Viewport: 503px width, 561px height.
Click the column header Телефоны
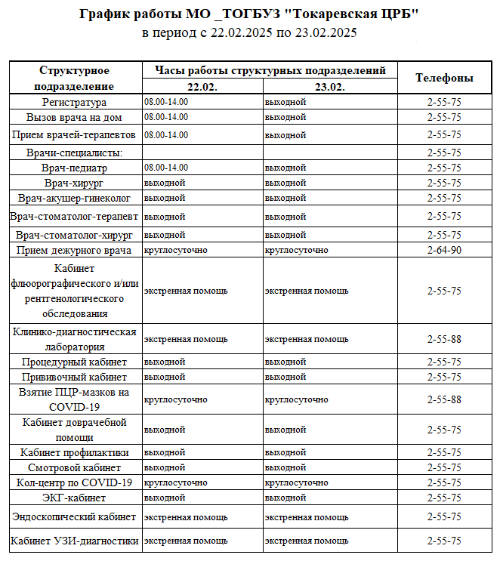444,78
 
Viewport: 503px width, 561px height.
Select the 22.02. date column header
202,87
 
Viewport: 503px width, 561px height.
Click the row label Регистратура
75,102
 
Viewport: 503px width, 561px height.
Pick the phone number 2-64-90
444,250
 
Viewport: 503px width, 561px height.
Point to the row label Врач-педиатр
75,168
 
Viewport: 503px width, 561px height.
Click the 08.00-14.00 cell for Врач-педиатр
166,168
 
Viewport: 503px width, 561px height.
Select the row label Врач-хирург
75,183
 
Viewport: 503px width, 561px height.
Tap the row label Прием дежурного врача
75,250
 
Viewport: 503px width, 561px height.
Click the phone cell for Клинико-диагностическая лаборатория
444,339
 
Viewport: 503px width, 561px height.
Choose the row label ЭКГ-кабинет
75,498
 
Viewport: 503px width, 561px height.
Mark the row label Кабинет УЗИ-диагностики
75,541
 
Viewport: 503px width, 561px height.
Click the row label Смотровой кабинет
75,467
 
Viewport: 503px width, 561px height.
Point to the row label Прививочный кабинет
75,377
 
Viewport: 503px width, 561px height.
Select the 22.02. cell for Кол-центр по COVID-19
175,482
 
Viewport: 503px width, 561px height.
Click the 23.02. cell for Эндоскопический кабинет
307,517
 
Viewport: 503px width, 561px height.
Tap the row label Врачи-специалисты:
75,153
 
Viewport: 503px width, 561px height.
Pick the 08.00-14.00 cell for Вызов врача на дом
166,117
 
